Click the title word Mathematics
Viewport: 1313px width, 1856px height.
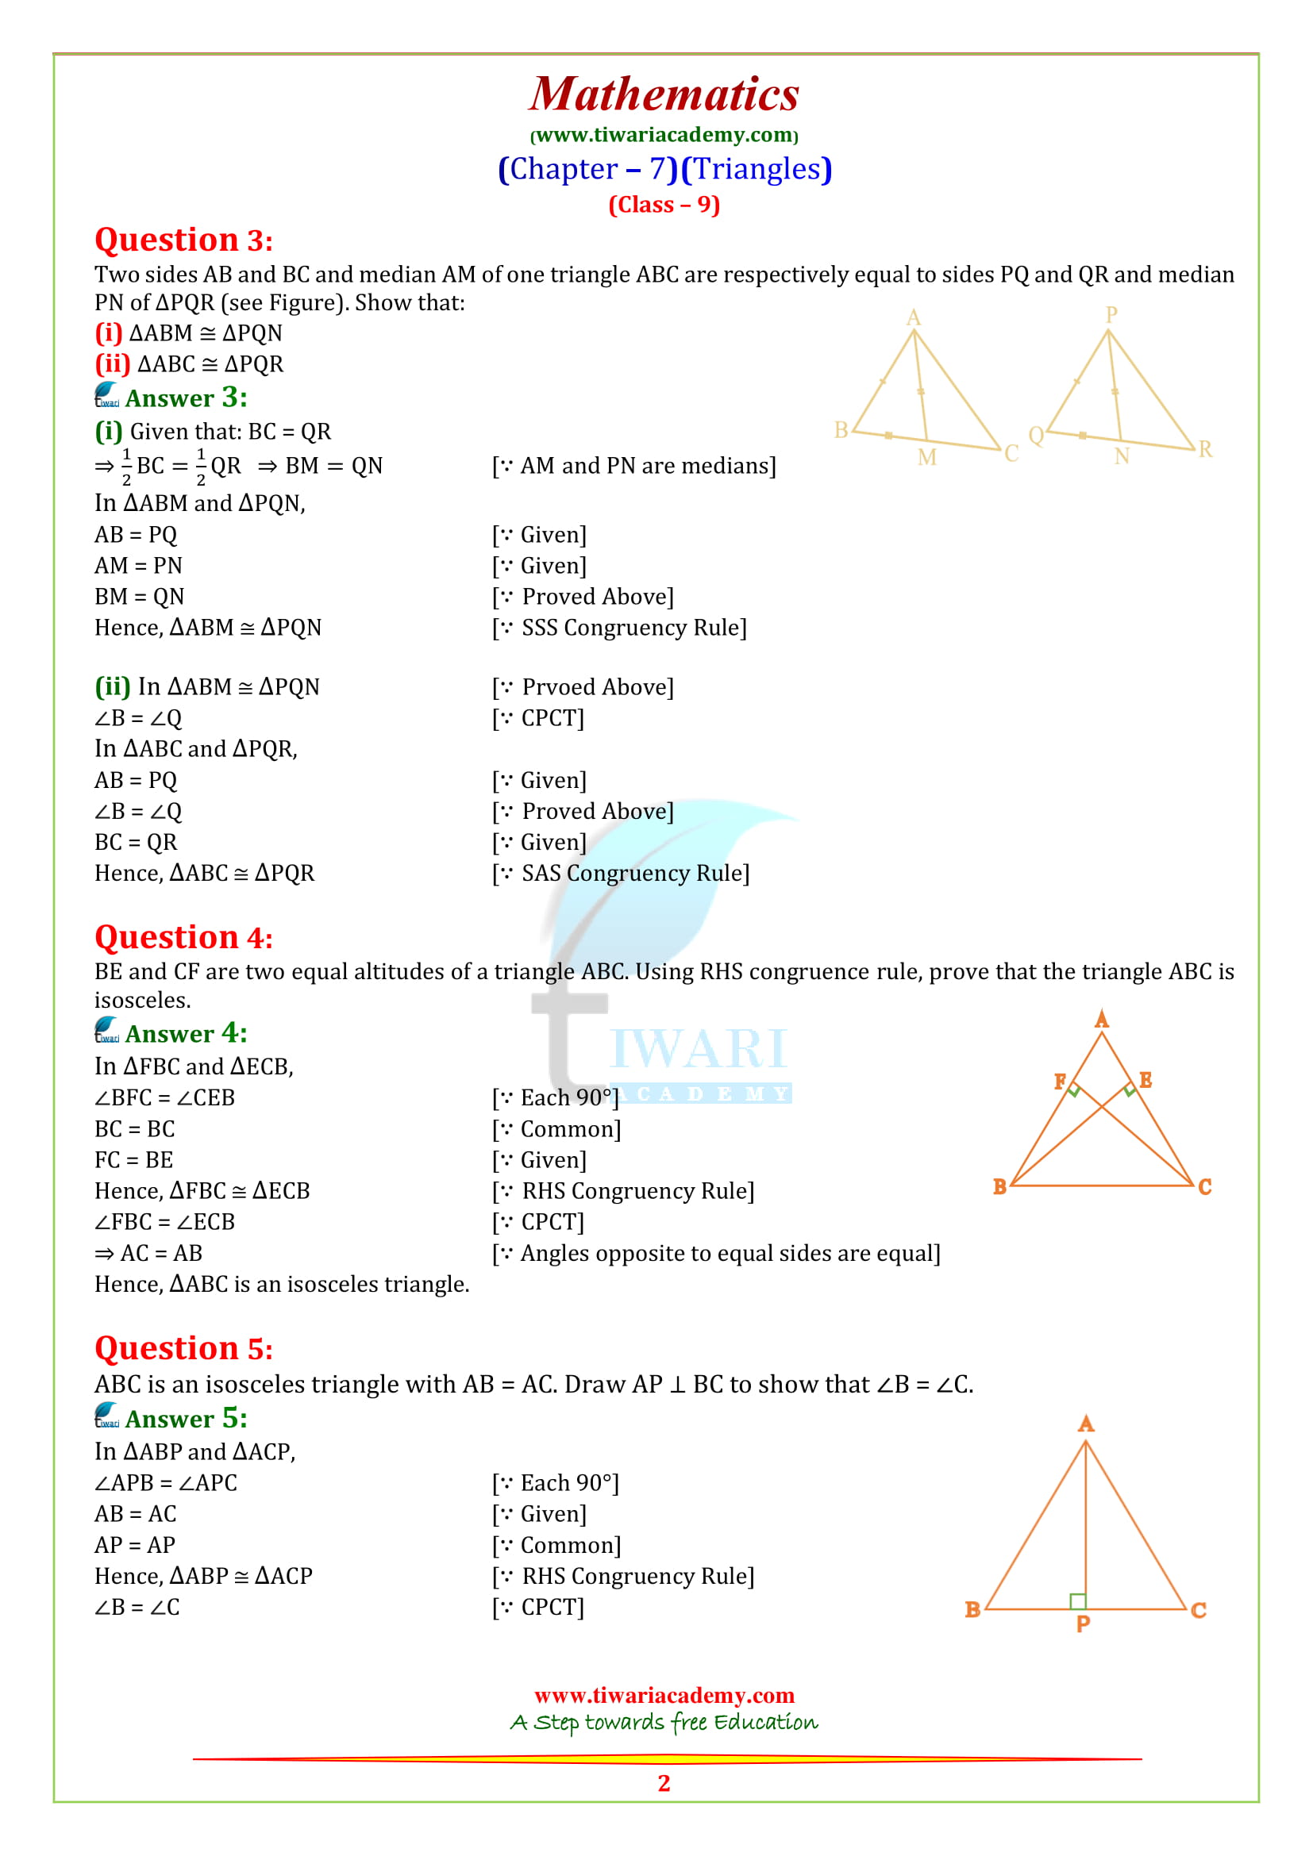664,94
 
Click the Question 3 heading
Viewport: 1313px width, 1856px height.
183,240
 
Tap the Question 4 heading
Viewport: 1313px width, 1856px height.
183,938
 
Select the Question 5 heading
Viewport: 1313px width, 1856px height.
183,1348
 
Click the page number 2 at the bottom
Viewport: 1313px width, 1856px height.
664,1782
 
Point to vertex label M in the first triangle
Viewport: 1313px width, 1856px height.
926,458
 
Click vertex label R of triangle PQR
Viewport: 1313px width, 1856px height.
1205,448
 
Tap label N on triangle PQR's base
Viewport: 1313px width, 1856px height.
1122,457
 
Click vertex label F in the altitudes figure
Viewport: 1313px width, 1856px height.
1060,1082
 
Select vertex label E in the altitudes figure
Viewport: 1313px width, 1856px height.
1145,1080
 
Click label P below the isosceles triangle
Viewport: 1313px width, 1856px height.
1084,1624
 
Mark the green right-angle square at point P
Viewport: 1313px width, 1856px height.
1077,1600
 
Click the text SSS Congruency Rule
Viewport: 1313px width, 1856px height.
633,628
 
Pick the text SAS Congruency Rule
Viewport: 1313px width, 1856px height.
635,874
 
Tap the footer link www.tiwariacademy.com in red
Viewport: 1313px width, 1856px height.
664,1695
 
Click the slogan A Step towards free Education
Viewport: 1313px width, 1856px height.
664,1722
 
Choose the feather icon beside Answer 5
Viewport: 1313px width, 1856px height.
106,1416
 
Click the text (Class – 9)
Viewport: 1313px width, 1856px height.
664,205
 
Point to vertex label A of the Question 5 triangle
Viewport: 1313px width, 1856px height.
1086,1424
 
